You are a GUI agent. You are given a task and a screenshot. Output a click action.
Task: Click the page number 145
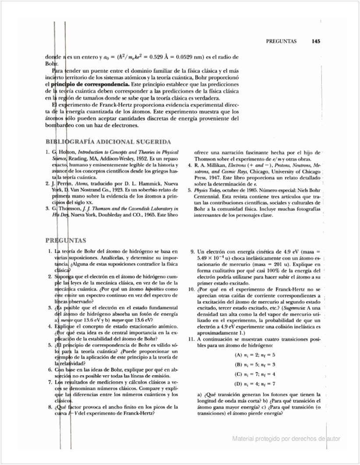coord(316,42)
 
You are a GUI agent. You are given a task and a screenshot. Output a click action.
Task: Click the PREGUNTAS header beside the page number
coord(281,42)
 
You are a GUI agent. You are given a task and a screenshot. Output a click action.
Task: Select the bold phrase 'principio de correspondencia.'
coord(90,84)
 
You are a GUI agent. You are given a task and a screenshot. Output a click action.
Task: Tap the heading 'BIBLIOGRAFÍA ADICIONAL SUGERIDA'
coord(108,142)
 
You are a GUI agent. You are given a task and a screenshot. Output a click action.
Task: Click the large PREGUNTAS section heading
coord(66,240)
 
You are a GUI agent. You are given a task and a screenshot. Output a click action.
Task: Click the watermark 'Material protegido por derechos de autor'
coord(286,439)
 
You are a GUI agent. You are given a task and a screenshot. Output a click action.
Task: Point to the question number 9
coord(192,252)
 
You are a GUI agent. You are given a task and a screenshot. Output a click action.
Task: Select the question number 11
coord(191,339)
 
